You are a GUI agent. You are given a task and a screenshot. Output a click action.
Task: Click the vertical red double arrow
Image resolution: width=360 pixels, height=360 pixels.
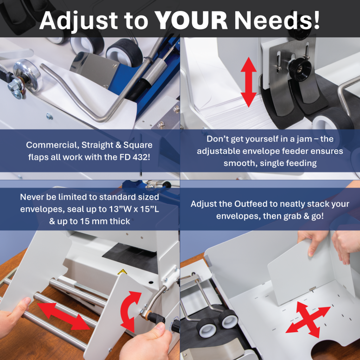click(x=249, y=82)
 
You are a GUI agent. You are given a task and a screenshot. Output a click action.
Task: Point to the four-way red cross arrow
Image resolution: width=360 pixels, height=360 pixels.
click(x=308, y=319)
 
